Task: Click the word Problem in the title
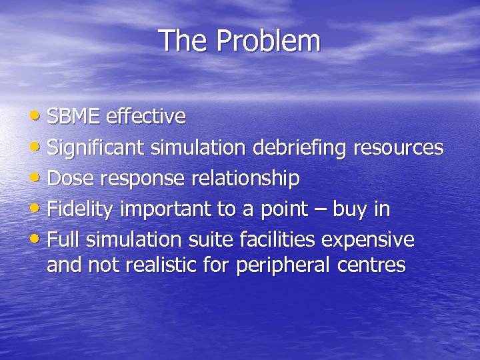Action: coord(269,41)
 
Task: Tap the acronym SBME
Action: coord(73,117)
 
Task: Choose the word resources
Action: coord(399,148)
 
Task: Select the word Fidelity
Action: coord(81,209)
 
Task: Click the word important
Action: coord(161,209)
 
